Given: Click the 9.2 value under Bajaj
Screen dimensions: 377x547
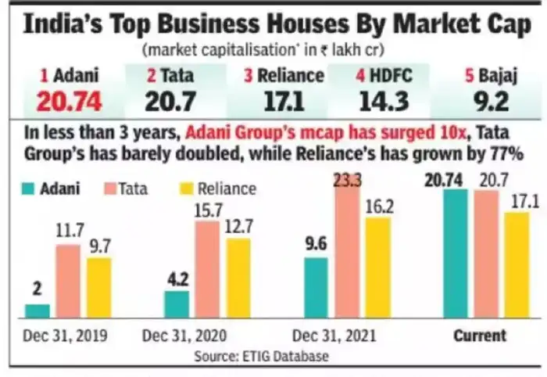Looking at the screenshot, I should point(480,102).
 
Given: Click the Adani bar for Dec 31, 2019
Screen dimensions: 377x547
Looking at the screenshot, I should point(38,311).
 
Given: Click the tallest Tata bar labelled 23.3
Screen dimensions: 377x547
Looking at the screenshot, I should point(346,250).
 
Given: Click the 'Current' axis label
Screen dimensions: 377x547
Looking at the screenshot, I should point(480,336).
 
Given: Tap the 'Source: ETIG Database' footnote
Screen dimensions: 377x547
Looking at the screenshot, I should point(273,357).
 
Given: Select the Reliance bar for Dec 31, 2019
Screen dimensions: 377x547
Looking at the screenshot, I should point(98,287).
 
